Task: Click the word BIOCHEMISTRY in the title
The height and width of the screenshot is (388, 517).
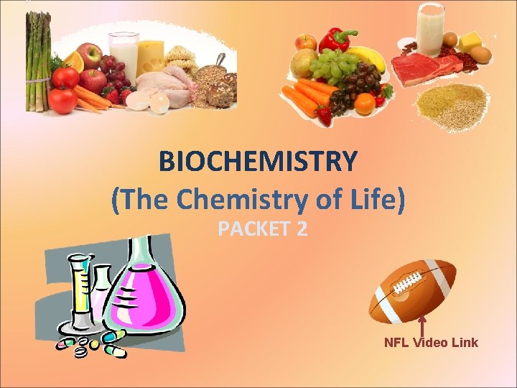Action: pos(258,162)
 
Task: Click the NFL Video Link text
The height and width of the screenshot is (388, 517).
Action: pos(431,342)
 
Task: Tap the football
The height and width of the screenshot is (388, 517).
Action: pos(412,292)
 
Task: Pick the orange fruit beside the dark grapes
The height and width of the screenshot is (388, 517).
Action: pos(364,104)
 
